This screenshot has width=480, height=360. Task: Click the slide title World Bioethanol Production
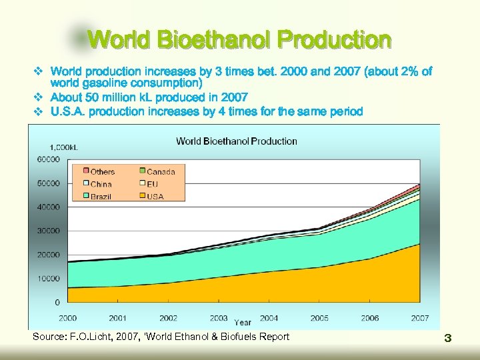coord(239,39)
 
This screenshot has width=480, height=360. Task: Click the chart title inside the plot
coord(236,141)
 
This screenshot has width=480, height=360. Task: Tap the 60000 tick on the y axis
coord(48,159)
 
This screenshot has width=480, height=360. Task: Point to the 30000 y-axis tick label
coord(48,231)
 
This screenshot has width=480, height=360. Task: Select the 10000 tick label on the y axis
coord(48,279)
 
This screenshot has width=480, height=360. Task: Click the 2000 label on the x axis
coord(68,318)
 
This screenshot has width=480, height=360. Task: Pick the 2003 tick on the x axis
coord(219,318)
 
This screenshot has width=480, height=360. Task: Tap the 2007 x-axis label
coord(420,318)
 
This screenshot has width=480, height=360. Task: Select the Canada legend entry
coord(161,172)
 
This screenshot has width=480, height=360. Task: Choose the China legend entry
coord(101,184)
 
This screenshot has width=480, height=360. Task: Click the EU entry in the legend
coord(153,184)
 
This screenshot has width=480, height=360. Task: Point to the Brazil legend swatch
coord(85,196)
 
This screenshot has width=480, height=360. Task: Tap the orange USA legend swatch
coord(142,196)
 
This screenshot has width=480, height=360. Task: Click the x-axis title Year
coord(243,323)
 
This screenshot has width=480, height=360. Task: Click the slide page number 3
coord(448,339)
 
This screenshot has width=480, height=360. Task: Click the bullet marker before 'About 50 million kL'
coord(38,97)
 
